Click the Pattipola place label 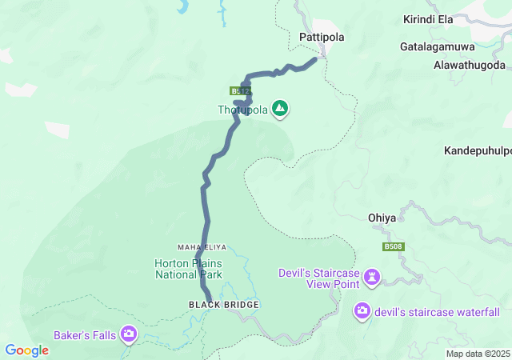pos(320,37)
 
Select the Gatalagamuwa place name pos(437,47)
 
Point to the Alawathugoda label pos(470,63)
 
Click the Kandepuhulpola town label pos(478,150)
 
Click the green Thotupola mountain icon pos(280,108)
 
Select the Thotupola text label pos(242,110)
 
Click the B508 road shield pos(392,247)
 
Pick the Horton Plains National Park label pos(189,269)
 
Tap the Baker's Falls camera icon pos(129,334)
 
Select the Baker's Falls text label pos(85,334)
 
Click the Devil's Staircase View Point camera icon pos(372,278)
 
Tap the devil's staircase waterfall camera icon pos(362,310)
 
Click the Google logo pos(27,350)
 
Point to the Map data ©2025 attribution pos(477,354)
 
